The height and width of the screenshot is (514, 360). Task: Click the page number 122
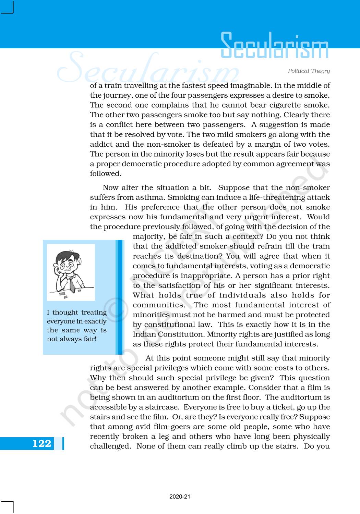coord(41,443)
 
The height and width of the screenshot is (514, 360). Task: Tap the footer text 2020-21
coord(180,497)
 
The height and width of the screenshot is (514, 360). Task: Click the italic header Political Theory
coord(309,71)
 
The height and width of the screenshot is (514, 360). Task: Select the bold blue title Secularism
coord(274,46)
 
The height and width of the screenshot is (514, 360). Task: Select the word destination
coord(197,256)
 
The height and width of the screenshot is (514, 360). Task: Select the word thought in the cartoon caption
coord(65,313)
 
